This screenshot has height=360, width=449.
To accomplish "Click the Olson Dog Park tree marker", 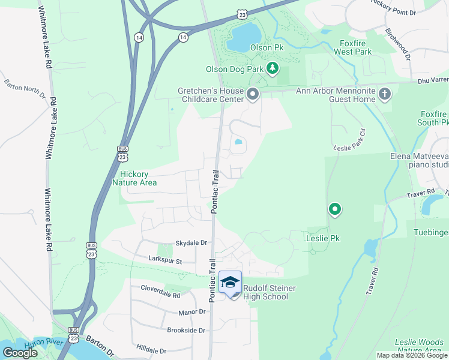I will (273, 68).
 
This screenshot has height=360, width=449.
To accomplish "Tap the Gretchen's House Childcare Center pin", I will (253, 94).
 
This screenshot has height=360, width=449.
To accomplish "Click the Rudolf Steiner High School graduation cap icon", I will (230, 281).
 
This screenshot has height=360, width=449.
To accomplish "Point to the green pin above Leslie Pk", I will (335, 209).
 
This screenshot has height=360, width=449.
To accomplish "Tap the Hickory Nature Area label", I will (134, 178).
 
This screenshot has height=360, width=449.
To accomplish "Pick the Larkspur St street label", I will (164, 259).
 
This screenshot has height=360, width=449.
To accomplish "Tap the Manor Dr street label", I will (191, 312).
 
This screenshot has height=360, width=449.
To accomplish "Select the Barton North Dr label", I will (25, 88).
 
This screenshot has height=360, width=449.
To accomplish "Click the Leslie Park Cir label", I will (349, 140).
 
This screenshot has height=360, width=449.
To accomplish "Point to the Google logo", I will (20, 352).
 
